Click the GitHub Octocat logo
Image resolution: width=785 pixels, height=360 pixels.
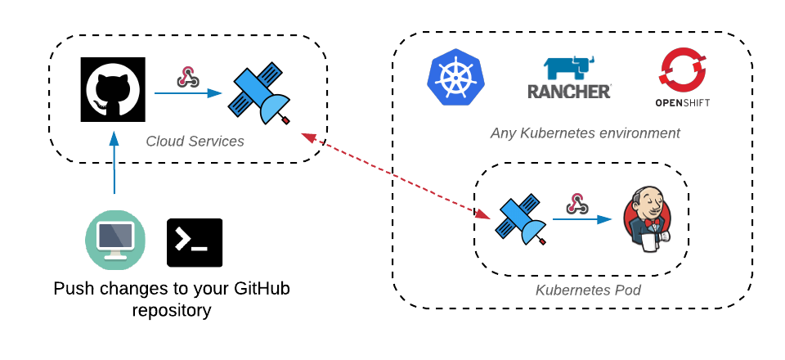pos(114,89)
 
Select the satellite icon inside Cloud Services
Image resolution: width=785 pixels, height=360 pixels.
pos(261,95)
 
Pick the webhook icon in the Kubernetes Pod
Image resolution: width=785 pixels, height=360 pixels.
pos(577,203)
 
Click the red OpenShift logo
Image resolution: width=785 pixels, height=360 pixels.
pos(682,78)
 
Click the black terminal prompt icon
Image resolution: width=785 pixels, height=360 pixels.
pos(195,242)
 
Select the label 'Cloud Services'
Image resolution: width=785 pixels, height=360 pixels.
pos(195,142)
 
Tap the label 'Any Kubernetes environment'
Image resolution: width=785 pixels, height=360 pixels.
pos(585,133)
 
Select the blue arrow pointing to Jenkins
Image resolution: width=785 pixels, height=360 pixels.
pos(582,219)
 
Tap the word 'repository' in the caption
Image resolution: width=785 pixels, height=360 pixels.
pos(172,310)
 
